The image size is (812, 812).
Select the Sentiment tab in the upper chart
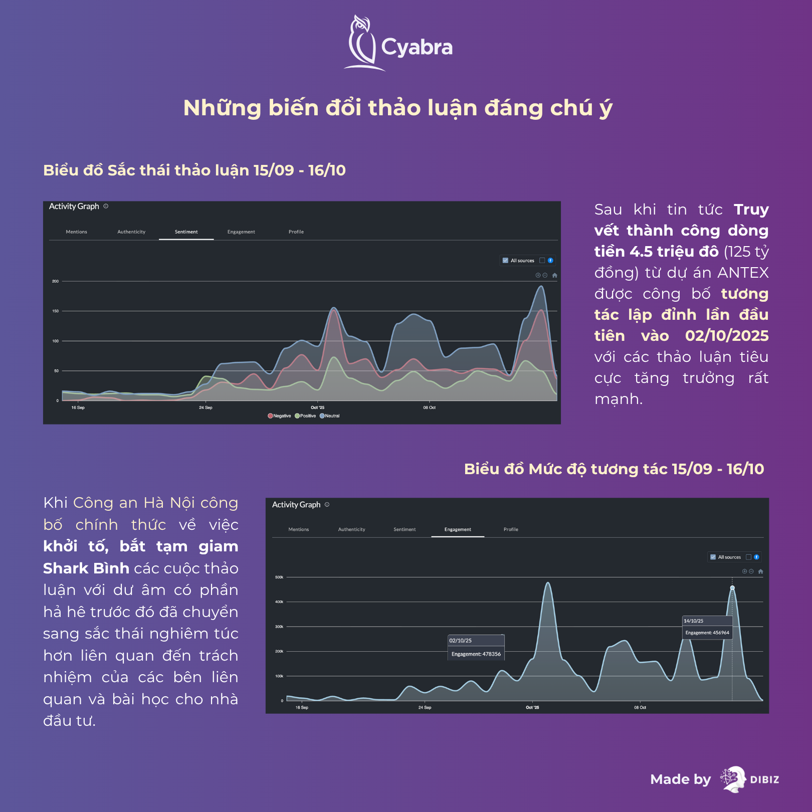click(x=186, y=232)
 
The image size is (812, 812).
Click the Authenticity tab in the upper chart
click(x=131, y=232)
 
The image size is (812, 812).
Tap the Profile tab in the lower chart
click(x=511, y=530)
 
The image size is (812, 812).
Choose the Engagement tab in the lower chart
click(x=458, y=530)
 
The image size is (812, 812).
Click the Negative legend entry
click(x=279, y=416)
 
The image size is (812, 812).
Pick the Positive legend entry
click(x=305, y=416)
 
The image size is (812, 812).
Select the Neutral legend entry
click(x=330, y=416)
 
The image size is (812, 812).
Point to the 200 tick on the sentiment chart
click(x=55, y=281)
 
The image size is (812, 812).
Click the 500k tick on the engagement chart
click(x=279, y=577)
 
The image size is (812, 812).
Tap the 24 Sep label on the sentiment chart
click(x=206, y=408)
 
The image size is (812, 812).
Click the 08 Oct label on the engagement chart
click(x=640, y=708)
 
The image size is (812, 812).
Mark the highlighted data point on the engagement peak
click(x=732, y=588)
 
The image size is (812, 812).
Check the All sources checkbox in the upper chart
click(x=505, y=261)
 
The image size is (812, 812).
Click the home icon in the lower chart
click(x=760, y=571)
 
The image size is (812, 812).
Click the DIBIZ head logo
click(x=733, y=779)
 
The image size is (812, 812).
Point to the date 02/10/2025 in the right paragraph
click(x=727, y=336)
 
